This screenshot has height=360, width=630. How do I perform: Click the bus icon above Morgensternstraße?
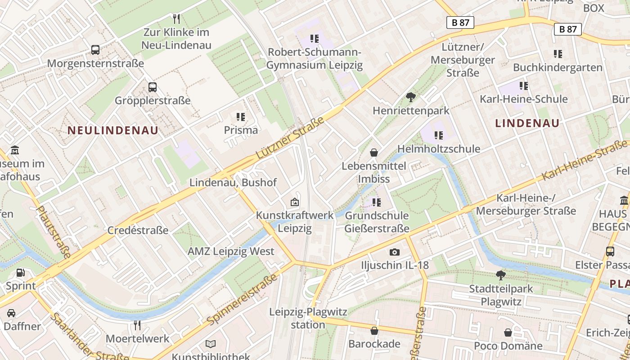(95, 49)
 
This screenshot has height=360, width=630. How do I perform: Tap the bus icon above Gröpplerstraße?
(153, 87)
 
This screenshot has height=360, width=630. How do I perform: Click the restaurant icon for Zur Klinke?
(176, 18)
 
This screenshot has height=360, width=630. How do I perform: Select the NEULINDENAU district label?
(113, 130)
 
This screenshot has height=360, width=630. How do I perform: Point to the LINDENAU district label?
(527, 123)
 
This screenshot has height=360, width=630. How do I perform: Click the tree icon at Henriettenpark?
(410, 97)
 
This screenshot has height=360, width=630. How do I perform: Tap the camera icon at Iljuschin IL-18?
(395, 252)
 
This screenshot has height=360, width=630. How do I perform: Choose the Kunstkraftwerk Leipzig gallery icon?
(295, 202)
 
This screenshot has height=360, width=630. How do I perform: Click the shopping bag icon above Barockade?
(374, 331)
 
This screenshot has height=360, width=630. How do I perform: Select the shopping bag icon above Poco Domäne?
(508, 333)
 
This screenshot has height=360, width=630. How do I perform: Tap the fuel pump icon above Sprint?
(21, 272)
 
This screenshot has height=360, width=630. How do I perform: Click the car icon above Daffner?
(11, 313)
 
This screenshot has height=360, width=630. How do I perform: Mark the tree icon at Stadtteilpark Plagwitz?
(500, 275)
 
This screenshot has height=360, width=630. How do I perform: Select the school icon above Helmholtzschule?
(438, 135)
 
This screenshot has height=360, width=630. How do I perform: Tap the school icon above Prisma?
(241, 117)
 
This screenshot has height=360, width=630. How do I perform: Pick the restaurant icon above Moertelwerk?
(137, 325)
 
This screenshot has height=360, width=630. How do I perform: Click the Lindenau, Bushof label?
(233, 183)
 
